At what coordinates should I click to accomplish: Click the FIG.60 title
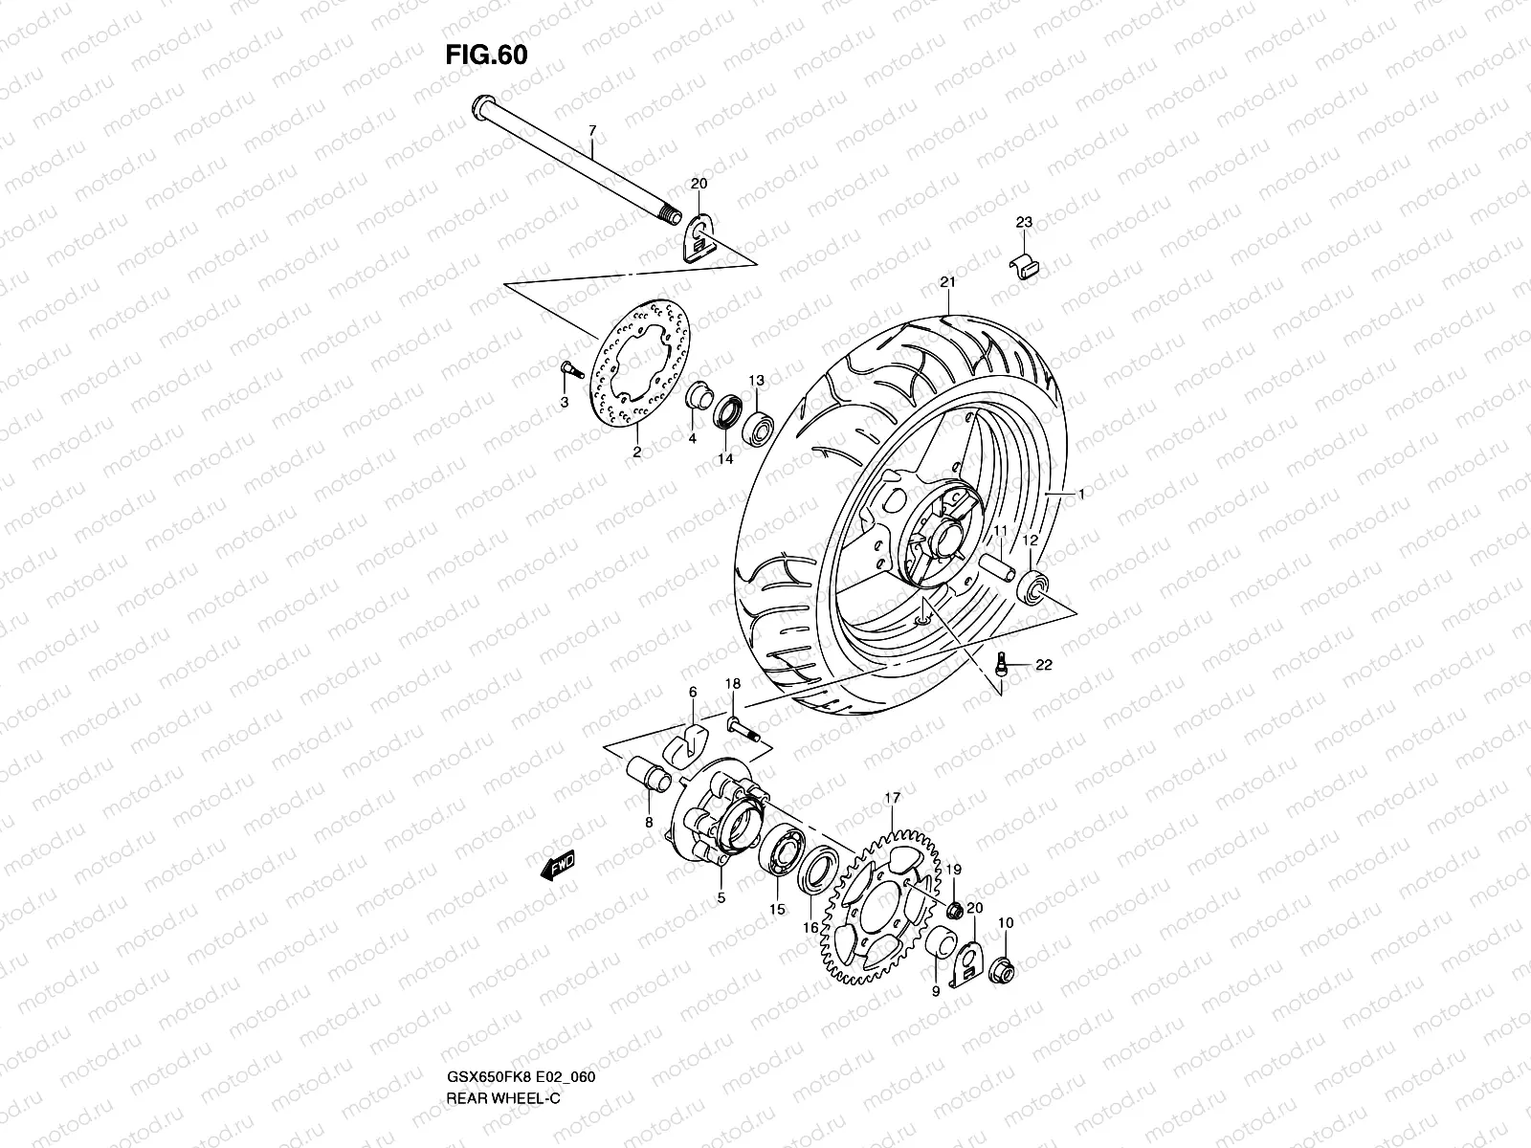pos(486,55)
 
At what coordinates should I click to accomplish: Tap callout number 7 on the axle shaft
pos(591,129)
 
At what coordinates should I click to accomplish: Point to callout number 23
pos(1024,222)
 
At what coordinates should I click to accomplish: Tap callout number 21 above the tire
pos(947,282)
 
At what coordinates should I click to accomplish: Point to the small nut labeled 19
pos(953,907)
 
